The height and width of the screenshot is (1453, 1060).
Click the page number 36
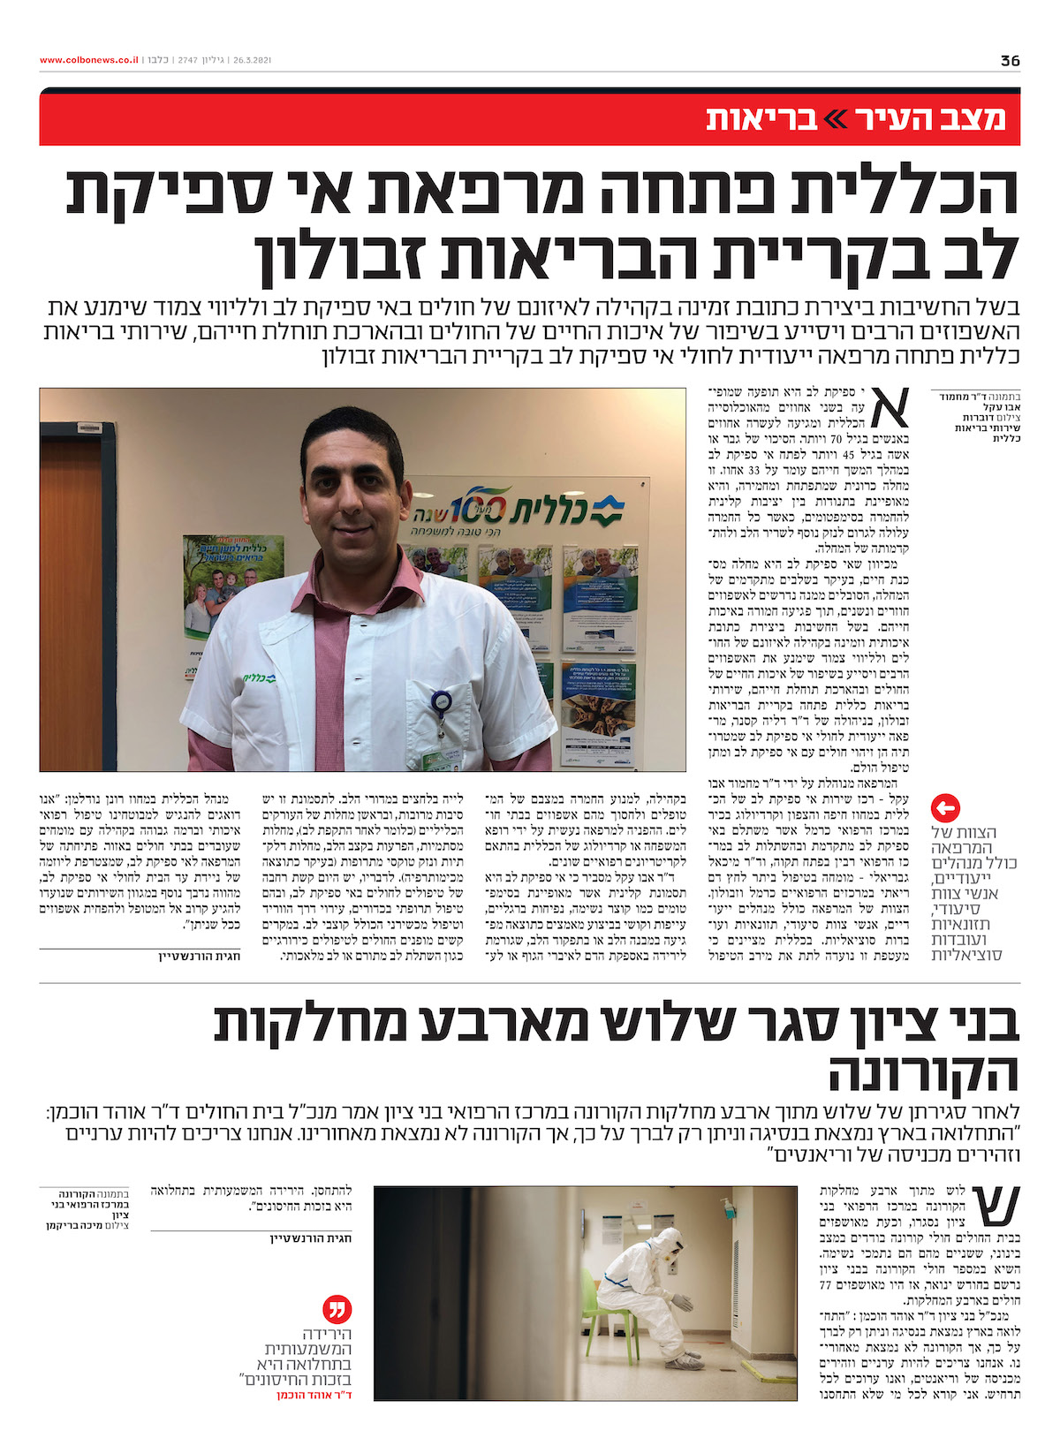point(1010,61)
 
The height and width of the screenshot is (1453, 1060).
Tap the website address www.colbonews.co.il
point(88,61)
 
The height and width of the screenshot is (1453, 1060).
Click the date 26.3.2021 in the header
point(251,61)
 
